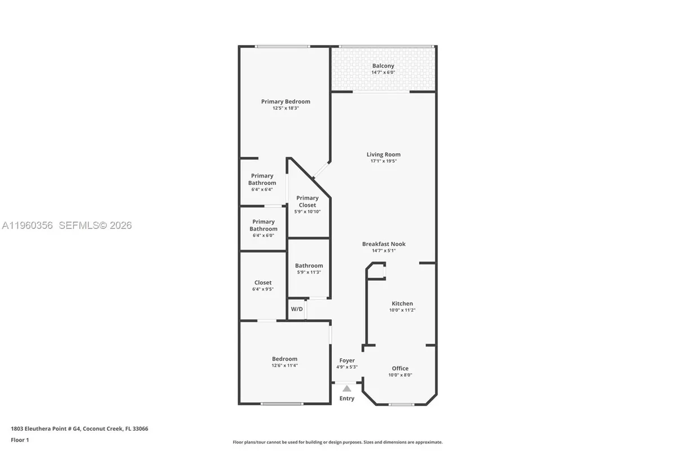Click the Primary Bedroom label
coord(285,101)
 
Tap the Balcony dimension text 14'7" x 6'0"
coord(383,73)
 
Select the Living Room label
coord(383,154)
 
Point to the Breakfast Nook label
coord(384,244)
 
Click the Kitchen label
coord(402,304)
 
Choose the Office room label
coord(400,369)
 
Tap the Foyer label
coord(347,361)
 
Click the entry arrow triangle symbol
coord(347,388)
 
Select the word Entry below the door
coord(347,399)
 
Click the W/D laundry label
coord(296,309)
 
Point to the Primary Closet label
coord(308,201)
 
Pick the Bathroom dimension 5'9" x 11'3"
coord(309,272)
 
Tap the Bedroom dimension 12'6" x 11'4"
coord(284,365)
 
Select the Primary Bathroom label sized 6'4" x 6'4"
coord(263,179)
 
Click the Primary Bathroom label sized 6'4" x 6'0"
coord(263,225)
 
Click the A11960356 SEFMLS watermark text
coord(66,225)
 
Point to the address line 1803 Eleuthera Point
coord(79,429)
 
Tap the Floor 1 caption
coord(19,440)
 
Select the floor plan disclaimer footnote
coord(337,443)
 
